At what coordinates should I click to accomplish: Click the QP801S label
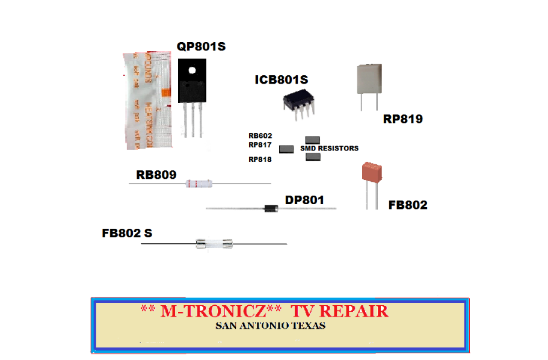[x=201, y=46]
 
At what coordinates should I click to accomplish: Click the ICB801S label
[x=281, y=80]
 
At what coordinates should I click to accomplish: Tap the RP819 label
[x=402, y=119]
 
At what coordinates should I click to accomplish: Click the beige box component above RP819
[x=369, y=79]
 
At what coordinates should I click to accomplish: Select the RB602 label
[x=260, y=136]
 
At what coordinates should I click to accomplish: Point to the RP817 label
[x=260, y=145]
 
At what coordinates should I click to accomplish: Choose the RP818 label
[x=260, y=160]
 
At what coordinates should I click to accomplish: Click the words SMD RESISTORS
[x=329, y=148]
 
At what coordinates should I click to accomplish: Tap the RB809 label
[x=156, y=175]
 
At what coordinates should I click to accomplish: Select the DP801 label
[x=304, y=200]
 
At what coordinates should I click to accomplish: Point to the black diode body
[x=270, y=209]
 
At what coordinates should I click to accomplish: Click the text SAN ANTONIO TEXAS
[x=271, y=326]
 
